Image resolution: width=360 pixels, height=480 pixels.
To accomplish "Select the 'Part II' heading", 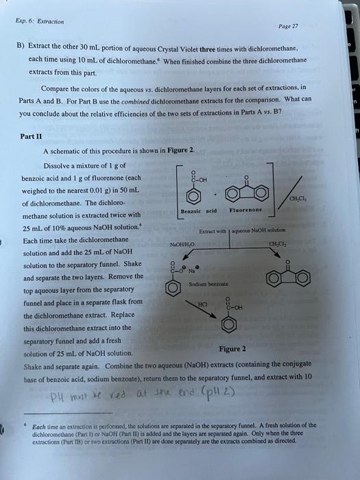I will pyautogui.click(x=32, y=135).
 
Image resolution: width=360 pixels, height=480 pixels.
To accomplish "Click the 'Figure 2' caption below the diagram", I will pyautogui.click(x=233, y=348).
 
